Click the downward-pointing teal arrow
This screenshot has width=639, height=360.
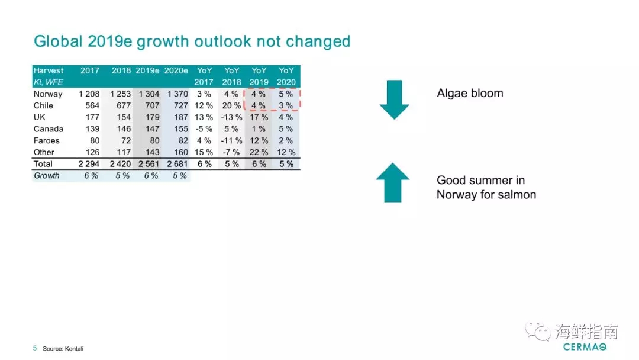[394, 99]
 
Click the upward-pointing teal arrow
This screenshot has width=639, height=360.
[393, 182]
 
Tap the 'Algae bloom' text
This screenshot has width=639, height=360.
[470, 93]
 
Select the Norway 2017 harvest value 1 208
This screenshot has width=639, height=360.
[90, 94]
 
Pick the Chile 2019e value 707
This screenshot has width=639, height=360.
[151, 105]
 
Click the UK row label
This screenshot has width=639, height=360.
[40, 117]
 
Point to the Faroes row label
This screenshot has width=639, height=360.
[47, 140]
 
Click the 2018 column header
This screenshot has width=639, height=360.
[121, 70]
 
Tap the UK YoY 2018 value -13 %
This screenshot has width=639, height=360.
[231, 117]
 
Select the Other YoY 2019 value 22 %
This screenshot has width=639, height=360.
[259, 152]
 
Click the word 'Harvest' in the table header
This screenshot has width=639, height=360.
[49, 70]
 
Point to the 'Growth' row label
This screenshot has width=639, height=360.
[47, 176]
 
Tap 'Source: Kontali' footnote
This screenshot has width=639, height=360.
[63, 349]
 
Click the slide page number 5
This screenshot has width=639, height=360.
[35, 348]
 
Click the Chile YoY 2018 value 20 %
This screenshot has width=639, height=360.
[231, 105]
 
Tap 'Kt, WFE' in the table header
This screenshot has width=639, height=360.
[49, 82]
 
